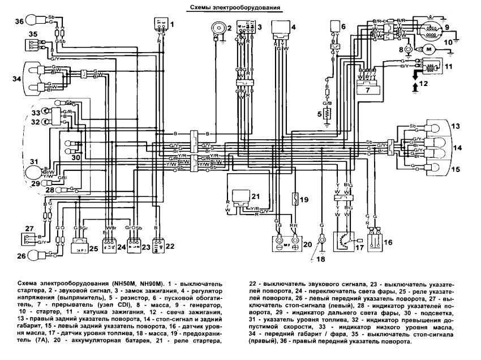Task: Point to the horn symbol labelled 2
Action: (216, 29)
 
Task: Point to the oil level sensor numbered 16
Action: (376, 242)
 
